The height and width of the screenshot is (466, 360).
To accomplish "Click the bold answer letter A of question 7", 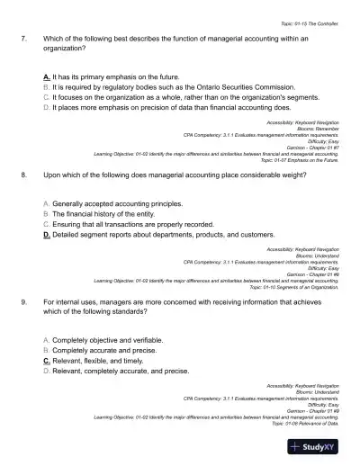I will point(46,78).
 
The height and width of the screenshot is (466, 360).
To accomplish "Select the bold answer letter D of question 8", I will point(46,233).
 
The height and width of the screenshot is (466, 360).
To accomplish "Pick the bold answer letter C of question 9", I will point(46,359).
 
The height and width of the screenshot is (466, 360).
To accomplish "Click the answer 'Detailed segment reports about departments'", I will point(135,233).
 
